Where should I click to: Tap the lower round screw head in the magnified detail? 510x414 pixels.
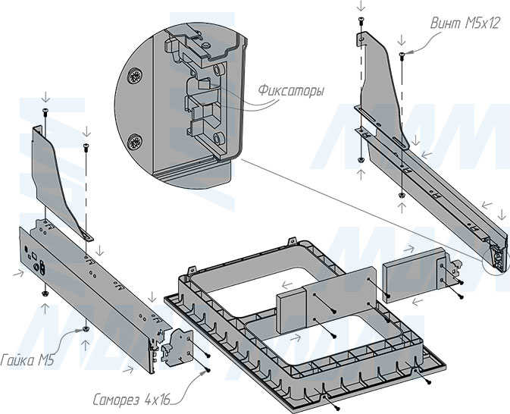pos(136,142)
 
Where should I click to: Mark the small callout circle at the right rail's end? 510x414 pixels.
pos(497,260)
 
